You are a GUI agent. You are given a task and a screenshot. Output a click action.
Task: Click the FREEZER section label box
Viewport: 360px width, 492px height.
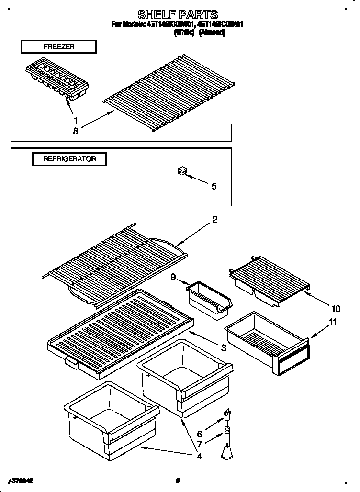[58, 47]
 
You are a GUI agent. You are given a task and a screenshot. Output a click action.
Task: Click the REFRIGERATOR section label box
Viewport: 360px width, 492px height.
[69, 159]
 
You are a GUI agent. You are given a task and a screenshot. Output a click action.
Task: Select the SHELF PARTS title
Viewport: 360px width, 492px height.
[178, 14]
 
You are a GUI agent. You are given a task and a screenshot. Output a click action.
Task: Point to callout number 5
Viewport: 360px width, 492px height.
[214, 186]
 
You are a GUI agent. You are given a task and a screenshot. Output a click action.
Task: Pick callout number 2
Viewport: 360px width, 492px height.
[214, 220]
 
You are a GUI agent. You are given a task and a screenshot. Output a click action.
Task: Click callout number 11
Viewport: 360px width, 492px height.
[332, 322]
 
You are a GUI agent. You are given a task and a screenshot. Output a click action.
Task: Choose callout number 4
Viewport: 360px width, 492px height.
[199, 456]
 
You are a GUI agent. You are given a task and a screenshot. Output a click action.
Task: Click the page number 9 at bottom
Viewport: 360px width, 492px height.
[178, 481]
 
